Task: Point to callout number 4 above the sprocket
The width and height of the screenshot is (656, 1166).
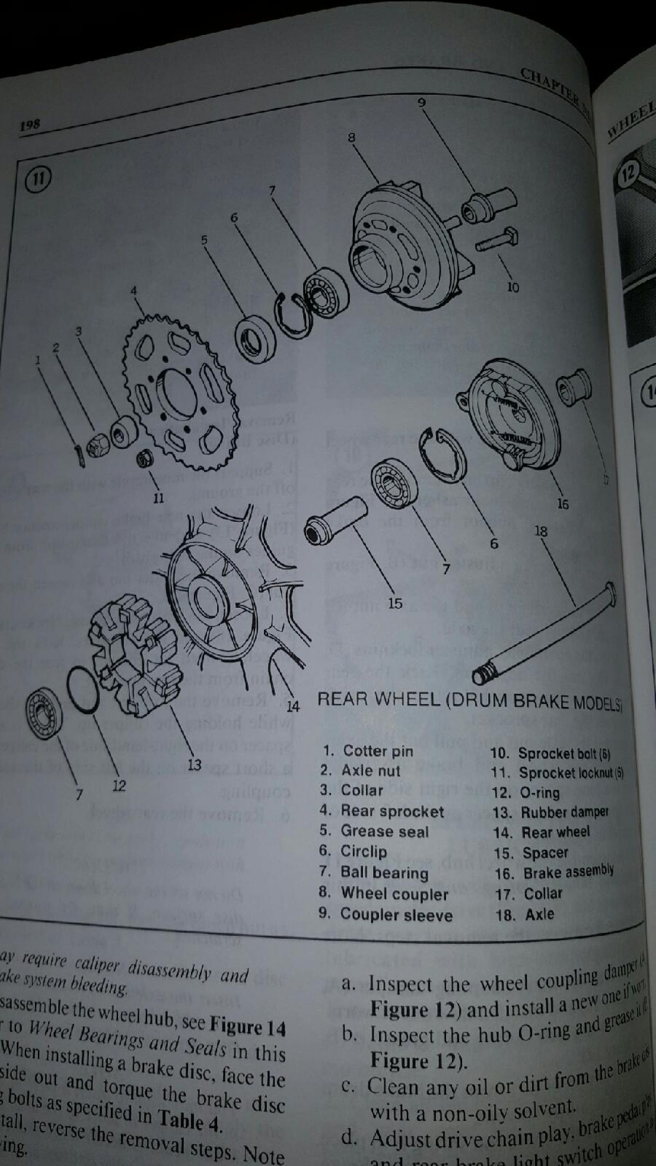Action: point(134,291)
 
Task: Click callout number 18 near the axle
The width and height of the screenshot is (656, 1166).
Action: point(540,531)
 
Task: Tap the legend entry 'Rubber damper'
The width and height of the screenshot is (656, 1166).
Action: point(564,812)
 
